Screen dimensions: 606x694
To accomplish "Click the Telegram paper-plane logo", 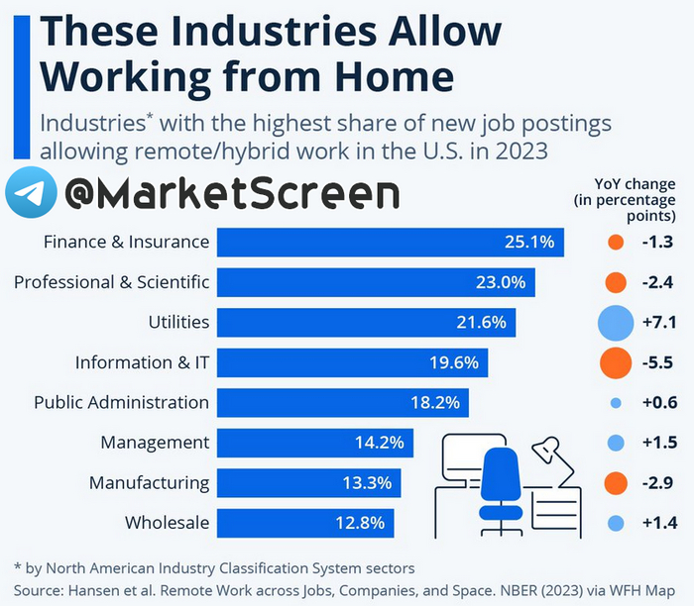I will tap(30, 193).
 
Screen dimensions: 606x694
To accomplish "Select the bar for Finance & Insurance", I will tap(390, 243).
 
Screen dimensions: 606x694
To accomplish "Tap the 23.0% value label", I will tap(500, 282).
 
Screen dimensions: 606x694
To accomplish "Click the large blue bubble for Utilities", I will tap(616, 323).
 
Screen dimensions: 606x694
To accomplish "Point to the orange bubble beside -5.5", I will tap(616, 363).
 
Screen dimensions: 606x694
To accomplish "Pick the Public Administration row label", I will tap(121, 403).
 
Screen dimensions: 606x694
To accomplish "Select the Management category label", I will tap(155, 443).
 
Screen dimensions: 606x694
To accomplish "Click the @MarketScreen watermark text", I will tap(232, 194).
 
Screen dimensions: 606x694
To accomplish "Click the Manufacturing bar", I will tap(308, 483).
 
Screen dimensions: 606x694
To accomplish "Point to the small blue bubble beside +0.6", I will tap(616, 403).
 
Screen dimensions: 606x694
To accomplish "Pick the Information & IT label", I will tap(142, 363).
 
